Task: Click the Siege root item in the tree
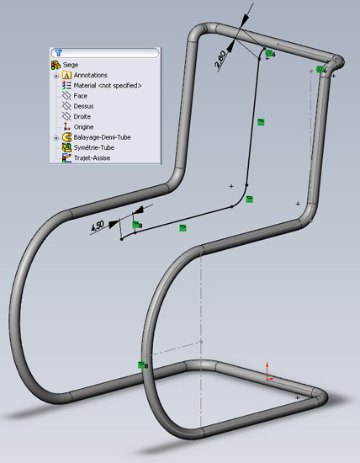coord(71,65)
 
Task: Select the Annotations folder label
coord(90,75)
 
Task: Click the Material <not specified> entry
coord(108,85)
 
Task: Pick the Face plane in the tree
coord(80,96)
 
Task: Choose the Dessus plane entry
coord(83,106)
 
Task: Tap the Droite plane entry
coord(82,116)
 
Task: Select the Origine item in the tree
coord(83,127)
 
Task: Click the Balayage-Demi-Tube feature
coord(102,137)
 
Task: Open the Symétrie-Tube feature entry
coord(94,147)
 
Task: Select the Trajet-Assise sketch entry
coord(92,158)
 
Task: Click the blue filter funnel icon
coord(59,53)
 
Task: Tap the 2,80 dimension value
coord(220,60)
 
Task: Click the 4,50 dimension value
coord(98,226)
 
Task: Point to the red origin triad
coord(268,372)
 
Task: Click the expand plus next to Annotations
coord(56,76)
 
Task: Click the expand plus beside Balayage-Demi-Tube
coord(56,138)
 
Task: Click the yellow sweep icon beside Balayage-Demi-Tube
coord(66,137)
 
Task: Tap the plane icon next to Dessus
coord(66,106)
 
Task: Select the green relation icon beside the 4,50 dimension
coord(135,225)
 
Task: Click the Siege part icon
coord(56,65)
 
